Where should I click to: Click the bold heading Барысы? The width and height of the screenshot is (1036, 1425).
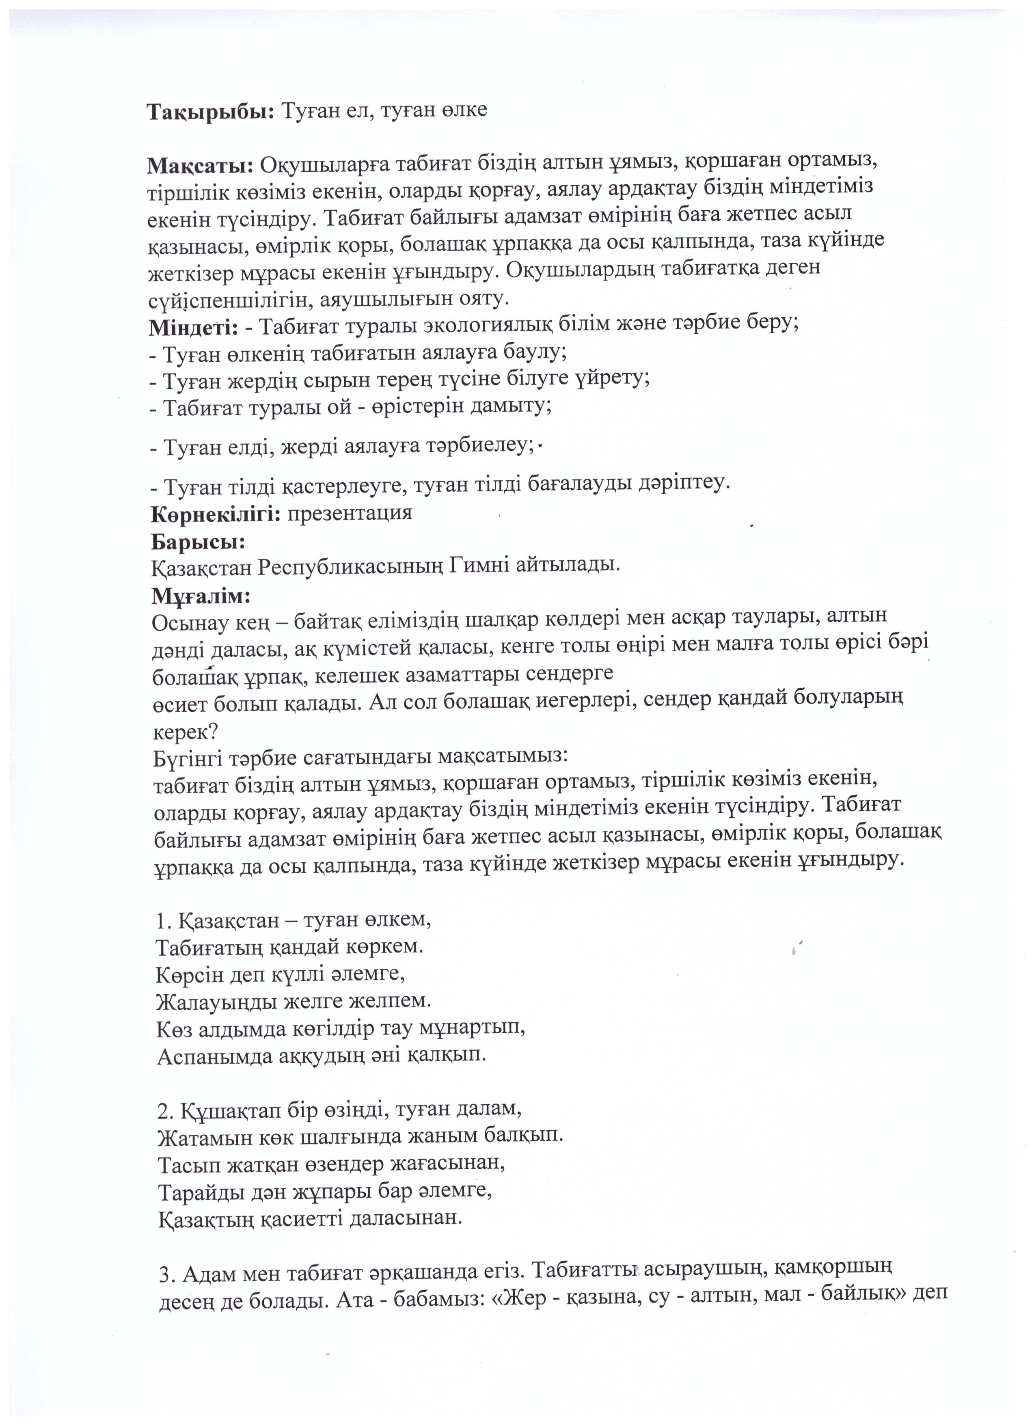(x=198, y=541)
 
